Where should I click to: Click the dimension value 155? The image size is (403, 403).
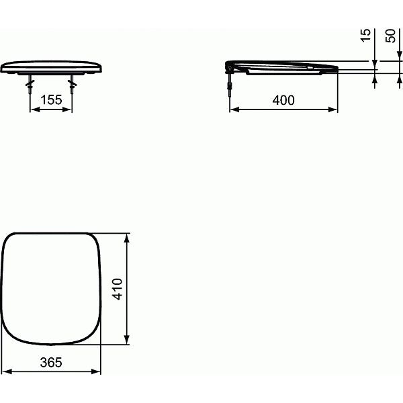click(51, 100)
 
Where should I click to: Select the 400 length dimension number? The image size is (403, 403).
click(284, 100)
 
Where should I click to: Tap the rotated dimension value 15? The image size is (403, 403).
click(365, 36)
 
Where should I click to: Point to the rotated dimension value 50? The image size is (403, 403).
click(390, 36)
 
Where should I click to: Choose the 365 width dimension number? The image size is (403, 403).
click(50, 362)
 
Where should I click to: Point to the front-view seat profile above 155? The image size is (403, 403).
click(51, 68)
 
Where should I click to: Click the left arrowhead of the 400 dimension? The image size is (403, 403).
click(233, 110)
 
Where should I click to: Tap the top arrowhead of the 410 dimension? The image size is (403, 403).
click(128, 236)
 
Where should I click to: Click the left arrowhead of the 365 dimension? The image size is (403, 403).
click(5, 371)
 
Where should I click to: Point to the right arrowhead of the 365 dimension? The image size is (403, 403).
click(97, 371)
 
